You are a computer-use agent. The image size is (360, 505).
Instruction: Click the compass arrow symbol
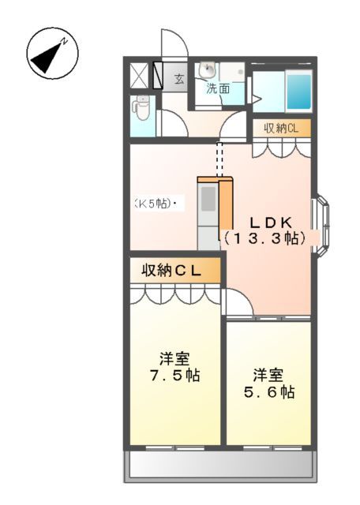pos(50,54)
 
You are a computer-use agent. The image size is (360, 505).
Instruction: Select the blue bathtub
pos(298,92)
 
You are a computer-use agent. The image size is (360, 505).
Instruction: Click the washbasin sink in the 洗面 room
pos(208,70)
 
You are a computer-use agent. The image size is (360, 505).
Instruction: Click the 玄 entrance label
pos(178,78)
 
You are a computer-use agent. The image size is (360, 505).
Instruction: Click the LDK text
pos(263,222)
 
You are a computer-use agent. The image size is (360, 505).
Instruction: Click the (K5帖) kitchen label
pos(154,204)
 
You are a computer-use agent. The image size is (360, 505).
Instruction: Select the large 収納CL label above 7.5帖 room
pos(171,271)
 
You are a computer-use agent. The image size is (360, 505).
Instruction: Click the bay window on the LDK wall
pos(322,226)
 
